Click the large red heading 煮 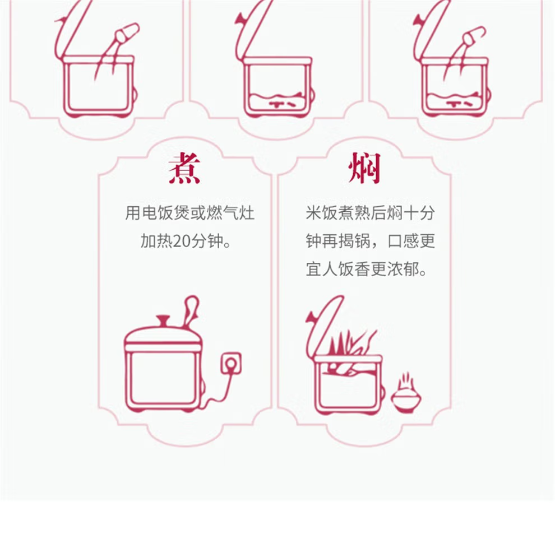pos(184,168)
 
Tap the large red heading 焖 pos(364,168)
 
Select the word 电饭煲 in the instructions pos(165,213)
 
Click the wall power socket pos(231,363)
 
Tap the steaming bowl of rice pos(406,394)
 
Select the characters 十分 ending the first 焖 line pos(419,213)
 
